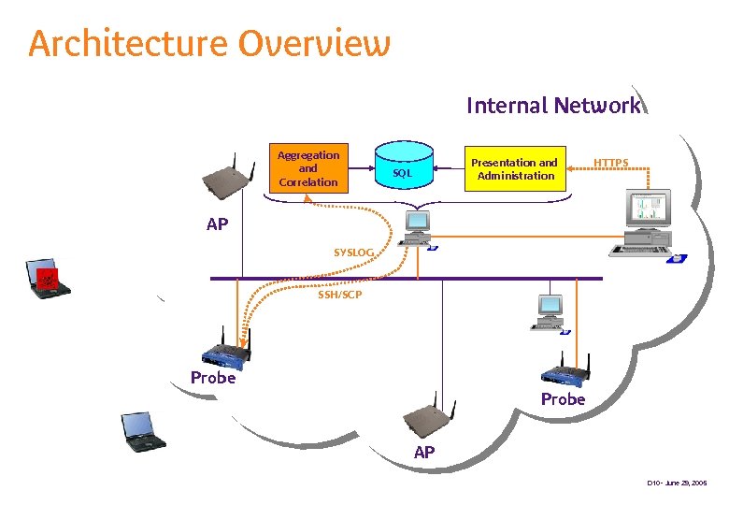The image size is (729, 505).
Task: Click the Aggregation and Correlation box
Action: (308, 168)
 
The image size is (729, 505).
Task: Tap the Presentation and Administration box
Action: (516, 168)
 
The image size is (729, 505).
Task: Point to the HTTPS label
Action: (611, 163)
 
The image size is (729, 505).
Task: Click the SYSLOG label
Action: (353, 252)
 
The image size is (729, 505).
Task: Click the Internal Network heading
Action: (553, 106)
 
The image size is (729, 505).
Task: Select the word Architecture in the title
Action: (127, 44)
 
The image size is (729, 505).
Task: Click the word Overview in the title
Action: (314, 44)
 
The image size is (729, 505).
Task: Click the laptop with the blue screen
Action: (143, 430)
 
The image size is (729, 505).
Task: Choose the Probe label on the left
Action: (213, 378)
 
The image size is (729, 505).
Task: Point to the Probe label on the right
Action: (563, 399)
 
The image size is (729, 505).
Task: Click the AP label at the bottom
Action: (424, 453)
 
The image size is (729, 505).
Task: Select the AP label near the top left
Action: (217, 224)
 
